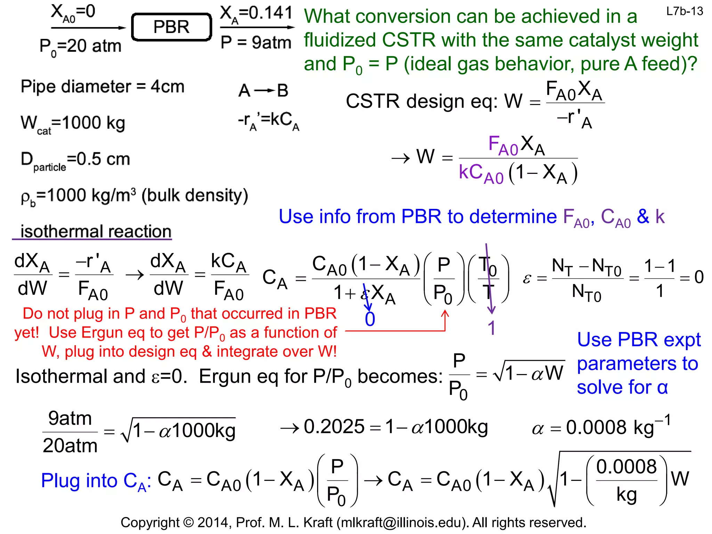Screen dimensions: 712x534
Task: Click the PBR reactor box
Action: (x=171, y=27)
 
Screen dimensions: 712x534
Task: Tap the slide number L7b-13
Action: (x=684, y=11)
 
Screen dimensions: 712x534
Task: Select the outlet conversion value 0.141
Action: (x=271, y=13)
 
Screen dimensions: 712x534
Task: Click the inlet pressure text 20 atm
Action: (x=94, y=46)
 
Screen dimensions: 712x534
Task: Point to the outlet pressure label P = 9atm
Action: (x=256, y=42)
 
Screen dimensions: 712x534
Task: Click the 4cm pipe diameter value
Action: (x=167, y=87)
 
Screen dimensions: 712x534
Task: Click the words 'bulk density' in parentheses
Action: (x=195, y=195)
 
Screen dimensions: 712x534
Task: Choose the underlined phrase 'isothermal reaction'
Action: (x=96, y=231)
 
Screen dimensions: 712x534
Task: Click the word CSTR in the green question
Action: (x=408, y=40)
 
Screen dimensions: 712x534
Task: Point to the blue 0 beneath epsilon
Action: (x=370, y=319)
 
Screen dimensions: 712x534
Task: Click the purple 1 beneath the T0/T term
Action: (x=491, y=328)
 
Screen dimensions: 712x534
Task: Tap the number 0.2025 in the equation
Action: (x=334, y=427)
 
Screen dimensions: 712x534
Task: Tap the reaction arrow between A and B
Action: (x=264, y=91)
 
